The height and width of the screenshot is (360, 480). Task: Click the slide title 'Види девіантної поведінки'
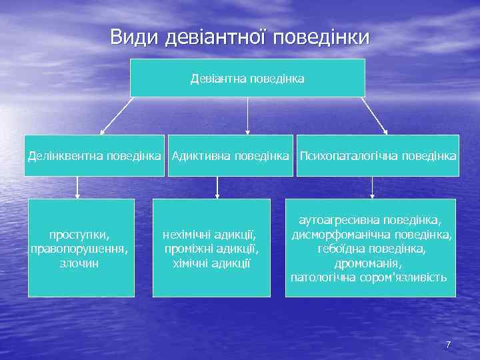(x=239, y=37)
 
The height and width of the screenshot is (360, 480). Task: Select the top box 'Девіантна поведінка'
(x=247, y=79)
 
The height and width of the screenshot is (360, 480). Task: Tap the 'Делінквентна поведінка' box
(x=94, y=156)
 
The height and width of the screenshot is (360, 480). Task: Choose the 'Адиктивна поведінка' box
(x=230, y=156)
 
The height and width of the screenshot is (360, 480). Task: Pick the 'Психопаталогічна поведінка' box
(x=378, y=156)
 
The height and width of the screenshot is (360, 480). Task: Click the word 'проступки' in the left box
(x=79, y=235)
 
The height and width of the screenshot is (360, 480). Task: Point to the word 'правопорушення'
(x=79, y=249)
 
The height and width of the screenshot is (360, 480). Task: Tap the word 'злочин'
(x=79, y=263)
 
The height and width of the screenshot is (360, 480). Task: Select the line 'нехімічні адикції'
(x=211, y=235)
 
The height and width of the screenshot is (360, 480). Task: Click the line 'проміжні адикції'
(x=211, y=249)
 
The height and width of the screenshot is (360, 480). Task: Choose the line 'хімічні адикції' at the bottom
(x=211, y=263)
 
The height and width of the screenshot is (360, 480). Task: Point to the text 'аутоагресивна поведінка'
(x=370, y=220)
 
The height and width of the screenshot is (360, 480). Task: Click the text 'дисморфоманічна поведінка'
(x=371, y=235)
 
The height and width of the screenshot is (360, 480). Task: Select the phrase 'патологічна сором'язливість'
(x=369, y=277)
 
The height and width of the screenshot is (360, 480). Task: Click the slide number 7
(x=448, y=345)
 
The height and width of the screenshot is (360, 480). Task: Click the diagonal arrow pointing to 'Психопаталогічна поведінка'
(x=374, y=116)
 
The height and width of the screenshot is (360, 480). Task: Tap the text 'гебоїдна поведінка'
(x=371, y=249)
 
